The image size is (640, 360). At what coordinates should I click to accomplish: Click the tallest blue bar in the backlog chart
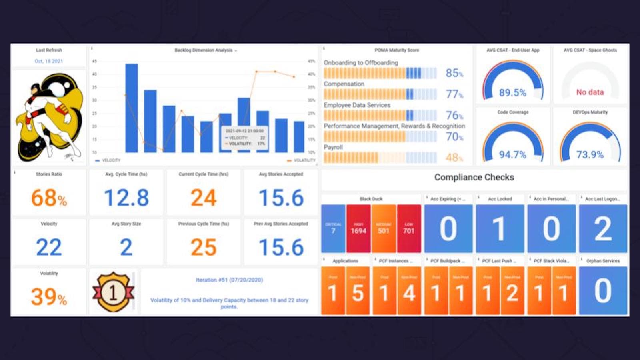click(132, 108)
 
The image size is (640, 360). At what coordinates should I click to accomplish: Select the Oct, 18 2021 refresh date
click(49, 61)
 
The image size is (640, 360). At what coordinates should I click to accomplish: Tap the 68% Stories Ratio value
click(49, 198)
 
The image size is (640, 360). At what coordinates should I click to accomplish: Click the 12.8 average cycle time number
click(126, 198)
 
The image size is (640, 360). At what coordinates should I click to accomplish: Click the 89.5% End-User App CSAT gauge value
click(512, 93)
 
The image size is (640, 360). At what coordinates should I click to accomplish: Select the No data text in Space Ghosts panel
click(590, 92)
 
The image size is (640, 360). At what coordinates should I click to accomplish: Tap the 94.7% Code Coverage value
click(512, 155)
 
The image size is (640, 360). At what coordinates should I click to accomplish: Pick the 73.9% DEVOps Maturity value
click(590, 155)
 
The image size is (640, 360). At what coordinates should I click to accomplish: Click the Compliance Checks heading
click(474, 177)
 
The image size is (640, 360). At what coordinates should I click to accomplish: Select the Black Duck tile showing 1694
click(358, 228)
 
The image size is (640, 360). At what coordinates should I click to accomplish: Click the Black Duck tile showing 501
click(384, 228)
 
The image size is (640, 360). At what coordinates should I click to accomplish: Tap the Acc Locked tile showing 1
click(500, 228)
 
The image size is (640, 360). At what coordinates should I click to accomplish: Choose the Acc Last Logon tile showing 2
click(603, 228)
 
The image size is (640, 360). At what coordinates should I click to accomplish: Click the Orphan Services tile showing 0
click(603, 291)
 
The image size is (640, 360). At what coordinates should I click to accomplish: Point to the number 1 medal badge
click(113, 292)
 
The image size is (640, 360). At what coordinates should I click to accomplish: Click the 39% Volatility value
click(49, 297)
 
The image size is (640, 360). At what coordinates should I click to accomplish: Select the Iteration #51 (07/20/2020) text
click(229, 280)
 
